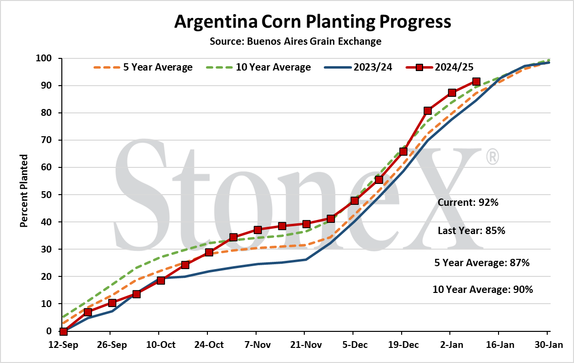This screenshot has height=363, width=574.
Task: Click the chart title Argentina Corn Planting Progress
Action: pos(313,22)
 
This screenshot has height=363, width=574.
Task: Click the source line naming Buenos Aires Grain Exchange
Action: pos(296,41)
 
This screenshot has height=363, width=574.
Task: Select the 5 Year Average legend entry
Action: pos(143,67)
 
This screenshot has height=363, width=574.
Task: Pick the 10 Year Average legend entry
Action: pos(258,67)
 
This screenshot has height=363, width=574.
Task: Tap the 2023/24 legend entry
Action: pos(358,67)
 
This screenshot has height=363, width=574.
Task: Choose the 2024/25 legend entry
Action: pos(440,67)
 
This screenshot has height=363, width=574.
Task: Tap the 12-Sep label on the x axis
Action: pos(63,345)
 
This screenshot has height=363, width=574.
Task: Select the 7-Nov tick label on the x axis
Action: pos(258,345)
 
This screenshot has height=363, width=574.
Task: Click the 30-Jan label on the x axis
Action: pos(548,345)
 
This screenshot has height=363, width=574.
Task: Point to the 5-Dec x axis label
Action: pos(355,345)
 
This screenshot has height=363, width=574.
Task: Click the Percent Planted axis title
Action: pos(24,191)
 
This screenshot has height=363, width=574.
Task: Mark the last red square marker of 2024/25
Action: pos(476,81)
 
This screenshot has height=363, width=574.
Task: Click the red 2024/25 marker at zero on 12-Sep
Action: pos(63,331)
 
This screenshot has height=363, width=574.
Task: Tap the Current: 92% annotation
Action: pos(468,202)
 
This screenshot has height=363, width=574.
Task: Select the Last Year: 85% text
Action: pos(471,231)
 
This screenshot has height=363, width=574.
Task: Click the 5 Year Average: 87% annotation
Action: pos(482,263)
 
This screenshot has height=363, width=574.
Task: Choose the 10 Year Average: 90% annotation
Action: pos(482,290)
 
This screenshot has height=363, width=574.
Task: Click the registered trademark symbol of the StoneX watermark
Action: pos(492,156)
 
